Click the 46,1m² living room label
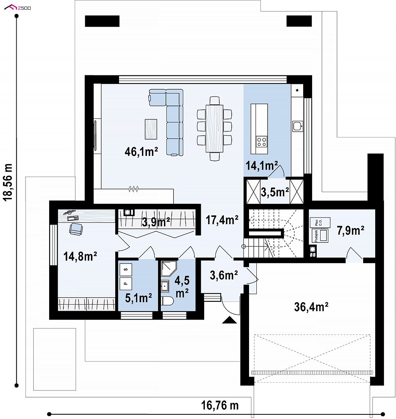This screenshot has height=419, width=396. click(141, 152)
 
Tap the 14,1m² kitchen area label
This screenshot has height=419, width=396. click(262, 166)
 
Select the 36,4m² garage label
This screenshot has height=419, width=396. click(311, 307)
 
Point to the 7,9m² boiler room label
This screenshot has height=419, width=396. click(350, 230)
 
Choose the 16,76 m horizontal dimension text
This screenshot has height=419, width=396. click(220, 405)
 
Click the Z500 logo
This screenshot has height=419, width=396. click(18, 8)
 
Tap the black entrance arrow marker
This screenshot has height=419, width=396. click(229, 320)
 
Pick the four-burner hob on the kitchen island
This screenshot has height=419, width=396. click(261, 141)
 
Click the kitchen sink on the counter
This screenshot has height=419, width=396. click(298, 126)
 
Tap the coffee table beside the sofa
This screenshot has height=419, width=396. click(151, 129)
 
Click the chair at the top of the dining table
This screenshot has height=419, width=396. click(215, 100)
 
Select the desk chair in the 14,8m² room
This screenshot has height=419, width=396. click(76, 229)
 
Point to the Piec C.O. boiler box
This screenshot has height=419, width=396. click(320, 222)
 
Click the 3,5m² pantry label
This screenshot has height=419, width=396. click(275, 192)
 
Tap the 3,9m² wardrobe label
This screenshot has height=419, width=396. click(156, 222)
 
